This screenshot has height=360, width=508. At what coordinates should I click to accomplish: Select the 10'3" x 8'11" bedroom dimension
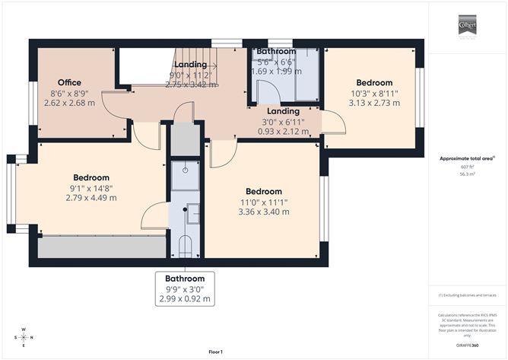[374, 93]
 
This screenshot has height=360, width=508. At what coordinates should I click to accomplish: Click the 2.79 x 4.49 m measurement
[90, 198]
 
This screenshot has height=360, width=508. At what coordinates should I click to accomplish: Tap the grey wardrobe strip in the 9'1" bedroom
[102, 247]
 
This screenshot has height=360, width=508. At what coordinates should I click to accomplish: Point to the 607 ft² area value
[466, 167]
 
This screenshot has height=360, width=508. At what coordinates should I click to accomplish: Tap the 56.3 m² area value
[466, 174]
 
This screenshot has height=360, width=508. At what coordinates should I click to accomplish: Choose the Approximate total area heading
[466, 158]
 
